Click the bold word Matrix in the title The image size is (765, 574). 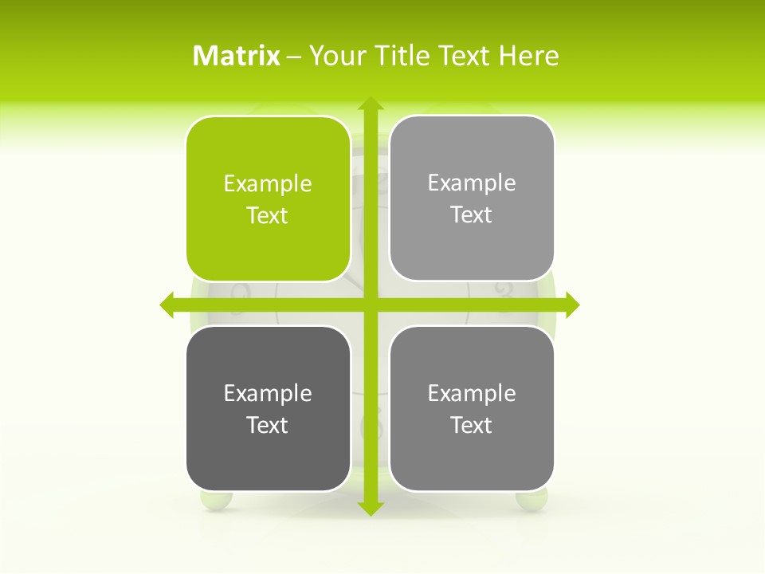tap(237, 56)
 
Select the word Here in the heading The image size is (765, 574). tap(528, 56)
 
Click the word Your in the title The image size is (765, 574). tap(337, 56)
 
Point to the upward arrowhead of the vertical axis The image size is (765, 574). tap(371, 104)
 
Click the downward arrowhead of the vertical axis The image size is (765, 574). tap(371, 509)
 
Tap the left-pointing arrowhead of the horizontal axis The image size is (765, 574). tap(167, 305)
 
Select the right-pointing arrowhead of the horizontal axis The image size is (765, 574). tap(572, 305)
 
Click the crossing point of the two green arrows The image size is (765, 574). tap(371, 305)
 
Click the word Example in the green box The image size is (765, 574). tap(268, 184)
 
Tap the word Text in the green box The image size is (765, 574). tap(268, 216)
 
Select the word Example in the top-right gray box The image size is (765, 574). tap(472, 183)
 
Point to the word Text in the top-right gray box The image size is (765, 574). tap(472, 215)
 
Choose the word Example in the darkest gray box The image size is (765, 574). tap(268, 393)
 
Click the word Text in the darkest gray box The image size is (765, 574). tap(268, 425)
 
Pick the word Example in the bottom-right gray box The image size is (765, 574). tap(472, 393)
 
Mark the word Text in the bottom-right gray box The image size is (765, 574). tap(472, 425)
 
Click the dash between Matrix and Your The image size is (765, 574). tap(294, 57)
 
